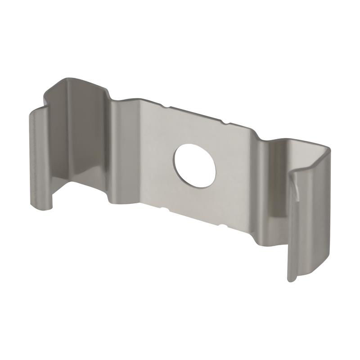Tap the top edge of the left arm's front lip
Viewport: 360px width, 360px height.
[38, 110]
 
